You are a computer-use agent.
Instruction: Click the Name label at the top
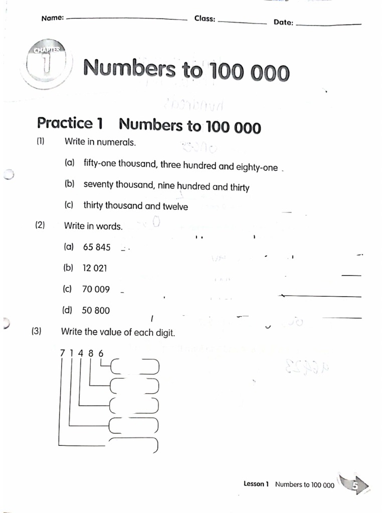[52, 18]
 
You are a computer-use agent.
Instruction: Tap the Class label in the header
[205, 19]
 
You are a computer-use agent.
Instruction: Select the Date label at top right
[283, 23]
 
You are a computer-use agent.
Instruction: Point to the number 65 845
[97, 247]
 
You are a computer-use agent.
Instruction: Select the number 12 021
[95, 268]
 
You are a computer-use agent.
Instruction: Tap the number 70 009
[96, 289]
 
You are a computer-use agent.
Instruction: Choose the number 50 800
[95, 311]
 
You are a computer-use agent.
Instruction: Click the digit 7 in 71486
[63, 353]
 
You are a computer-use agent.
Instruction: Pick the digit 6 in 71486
[101, 353]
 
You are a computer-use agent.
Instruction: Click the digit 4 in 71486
[80, 353]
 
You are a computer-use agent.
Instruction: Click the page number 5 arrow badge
[357, 485]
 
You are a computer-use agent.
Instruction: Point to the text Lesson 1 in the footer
[256, 484]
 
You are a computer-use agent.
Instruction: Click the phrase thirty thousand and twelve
[135, 206]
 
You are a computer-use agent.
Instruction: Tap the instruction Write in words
[93, 226]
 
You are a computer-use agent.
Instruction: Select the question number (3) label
[36, 331]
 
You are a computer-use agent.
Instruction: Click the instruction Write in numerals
[100, 142]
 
